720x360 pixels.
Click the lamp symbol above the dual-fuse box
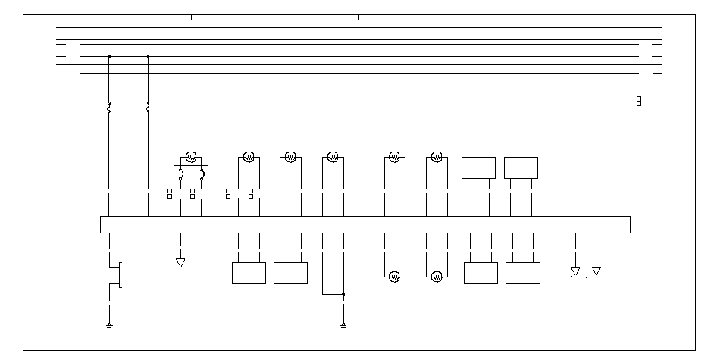191,157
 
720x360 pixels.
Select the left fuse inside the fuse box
180,175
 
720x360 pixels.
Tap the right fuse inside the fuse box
202,175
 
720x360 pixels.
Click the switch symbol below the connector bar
117,274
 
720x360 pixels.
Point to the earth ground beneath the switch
110,327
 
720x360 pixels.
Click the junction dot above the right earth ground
343,293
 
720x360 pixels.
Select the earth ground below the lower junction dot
343,327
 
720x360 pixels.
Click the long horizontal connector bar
365,224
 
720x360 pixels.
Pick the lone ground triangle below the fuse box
180,262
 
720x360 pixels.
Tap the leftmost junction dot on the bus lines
109,56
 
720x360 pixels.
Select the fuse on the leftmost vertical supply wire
109,108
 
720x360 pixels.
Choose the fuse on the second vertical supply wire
148,108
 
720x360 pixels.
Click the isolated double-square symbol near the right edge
639,101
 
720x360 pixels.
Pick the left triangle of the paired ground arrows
575,271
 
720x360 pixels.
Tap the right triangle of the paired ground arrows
596,271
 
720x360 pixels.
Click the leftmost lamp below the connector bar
394,277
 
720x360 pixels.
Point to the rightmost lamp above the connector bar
437,157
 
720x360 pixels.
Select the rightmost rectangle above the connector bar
521,167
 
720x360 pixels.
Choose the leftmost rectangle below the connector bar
249,273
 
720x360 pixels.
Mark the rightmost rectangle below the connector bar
523,273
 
